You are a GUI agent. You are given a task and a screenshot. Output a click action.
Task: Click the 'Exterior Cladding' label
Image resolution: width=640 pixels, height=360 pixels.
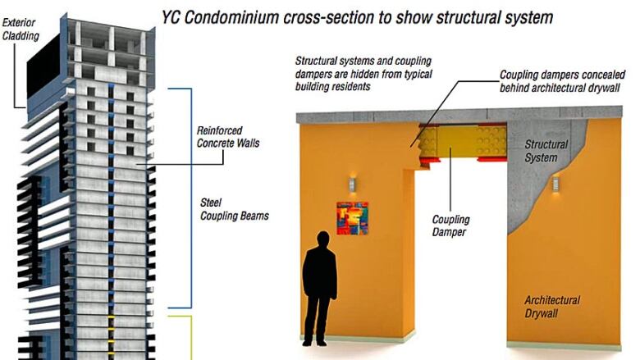pos(21,30)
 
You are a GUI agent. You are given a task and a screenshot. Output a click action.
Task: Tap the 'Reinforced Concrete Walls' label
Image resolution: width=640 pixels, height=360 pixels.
pos(228,137)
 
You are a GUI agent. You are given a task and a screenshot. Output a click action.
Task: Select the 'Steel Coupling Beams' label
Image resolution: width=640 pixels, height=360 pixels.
pos(235,209)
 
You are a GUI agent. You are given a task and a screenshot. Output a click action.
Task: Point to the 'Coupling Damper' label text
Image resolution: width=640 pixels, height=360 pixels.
pos(450,226)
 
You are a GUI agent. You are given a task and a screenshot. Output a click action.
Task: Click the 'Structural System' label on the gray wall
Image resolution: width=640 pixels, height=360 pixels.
pos(546,151)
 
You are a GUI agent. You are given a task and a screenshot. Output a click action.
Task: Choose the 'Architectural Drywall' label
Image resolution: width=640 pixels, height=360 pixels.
pos(552,307)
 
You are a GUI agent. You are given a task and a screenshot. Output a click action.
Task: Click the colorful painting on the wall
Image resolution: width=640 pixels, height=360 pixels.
pos(352,218)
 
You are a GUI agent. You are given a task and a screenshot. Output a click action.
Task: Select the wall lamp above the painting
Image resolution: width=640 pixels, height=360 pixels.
pos(353,185)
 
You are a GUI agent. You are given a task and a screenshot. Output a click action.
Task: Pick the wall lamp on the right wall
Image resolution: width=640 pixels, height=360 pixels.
pos(555,184)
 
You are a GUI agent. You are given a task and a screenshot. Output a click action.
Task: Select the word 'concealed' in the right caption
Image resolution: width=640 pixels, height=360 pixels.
pos(606,75)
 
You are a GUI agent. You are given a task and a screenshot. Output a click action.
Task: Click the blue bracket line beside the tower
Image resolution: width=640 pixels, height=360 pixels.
pos(190,198)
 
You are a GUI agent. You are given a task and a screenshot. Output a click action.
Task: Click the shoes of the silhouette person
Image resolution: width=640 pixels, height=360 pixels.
pos(315,343)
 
